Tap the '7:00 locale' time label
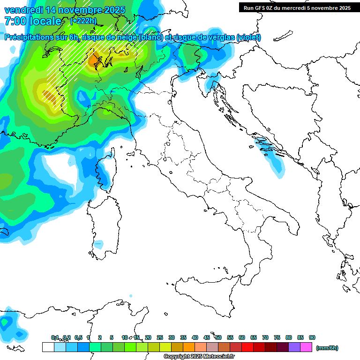(33, 21)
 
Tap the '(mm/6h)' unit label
(327, 348)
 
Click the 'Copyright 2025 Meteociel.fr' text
(199, 357)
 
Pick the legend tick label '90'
(312, 337)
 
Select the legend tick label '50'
(218, 337)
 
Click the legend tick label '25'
(160, 337)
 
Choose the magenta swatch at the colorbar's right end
(306, 347)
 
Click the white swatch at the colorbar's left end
(48, 347)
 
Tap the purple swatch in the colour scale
(294, 347)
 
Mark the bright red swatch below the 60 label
(247, 347)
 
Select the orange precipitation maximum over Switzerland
(96, 60)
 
